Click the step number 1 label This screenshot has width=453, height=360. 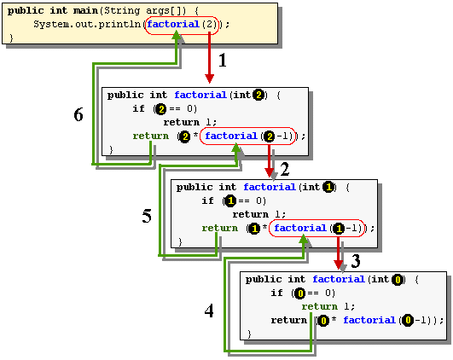[223, 61]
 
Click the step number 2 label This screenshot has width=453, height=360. [285, 169]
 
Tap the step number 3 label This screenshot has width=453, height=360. [357, 260]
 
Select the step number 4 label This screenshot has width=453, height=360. [209, 311]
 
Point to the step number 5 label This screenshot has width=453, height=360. [147, 217]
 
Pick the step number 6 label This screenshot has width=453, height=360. [78, 115]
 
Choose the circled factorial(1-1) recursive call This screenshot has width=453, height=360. [320, 228]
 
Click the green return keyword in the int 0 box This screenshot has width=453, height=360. [319, 306]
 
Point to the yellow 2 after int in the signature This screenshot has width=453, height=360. [259, 95]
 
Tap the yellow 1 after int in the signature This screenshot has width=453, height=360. [329, 187]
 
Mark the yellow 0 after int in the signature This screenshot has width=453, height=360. [398, 279]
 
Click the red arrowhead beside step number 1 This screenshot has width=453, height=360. [208, 78]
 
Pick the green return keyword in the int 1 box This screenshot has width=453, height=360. [220, 228]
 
